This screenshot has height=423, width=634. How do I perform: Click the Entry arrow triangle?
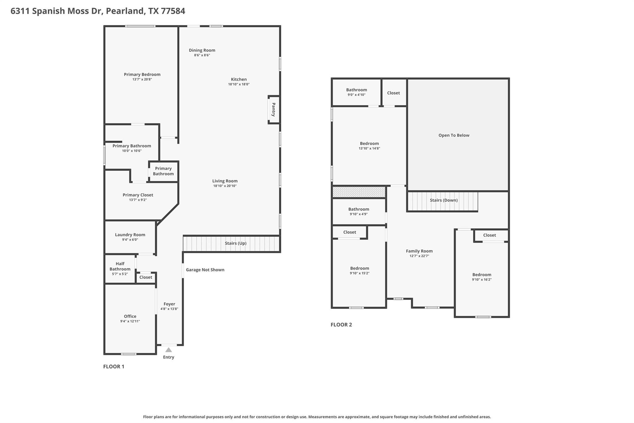[168, 350]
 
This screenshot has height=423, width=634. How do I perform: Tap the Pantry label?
[273, 110]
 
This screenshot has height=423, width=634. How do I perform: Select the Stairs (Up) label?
[236, 243]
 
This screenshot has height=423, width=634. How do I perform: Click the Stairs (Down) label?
[444, 200]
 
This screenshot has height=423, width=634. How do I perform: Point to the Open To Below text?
[454, 135]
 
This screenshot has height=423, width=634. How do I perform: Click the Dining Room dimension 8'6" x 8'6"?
[202, 55]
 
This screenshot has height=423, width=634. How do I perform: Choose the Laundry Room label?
[130, 235]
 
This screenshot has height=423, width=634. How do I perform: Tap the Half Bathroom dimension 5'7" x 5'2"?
[120, 274]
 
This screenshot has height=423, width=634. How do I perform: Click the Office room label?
[130, 316]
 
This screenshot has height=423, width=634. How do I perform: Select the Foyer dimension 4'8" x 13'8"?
[169, 309]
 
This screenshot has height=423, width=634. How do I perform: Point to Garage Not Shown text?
[205, 270]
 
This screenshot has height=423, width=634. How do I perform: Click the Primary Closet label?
[138, 195]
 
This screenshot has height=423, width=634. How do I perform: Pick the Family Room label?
[419, 251]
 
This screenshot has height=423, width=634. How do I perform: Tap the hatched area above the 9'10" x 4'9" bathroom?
[359, 192]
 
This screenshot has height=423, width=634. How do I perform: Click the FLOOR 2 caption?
[341, 325]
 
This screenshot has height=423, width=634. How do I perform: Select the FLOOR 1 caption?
[114, 367]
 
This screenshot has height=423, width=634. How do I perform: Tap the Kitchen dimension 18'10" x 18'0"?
[239, 84]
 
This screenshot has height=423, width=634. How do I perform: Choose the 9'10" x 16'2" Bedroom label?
[482, 275]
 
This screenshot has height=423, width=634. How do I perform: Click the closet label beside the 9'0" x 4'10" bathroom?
[393, 93]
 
